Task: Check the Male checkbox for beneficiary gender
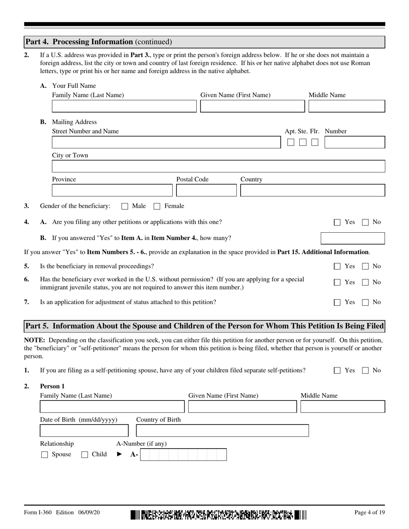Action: [x=125, y=206]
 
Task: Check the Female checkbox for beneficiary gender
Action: [x=157, y=206]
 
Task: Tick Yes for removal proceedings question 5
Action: [x=338, y=266]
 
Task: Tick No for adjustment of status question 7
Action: [x=366, y=302]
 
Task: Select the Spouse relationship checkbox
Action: [x=44, y=455]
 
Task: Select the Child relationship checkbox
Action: [x=85, y=455]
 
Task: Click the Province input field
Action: [x=112, y=191]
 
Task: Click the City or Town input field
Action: [x=218, y=166]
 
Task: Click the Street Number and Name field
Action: [x=166, y=142]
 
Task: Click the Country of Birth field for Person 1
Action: [x=222, y=431]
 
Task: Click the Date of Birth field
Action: [x=84, y=431]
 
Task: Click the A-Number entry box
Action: [x=183, y=455]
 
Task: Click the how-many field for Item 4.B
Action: [x=353, y=238]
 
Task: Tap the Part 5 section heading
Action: [x=204, y=326]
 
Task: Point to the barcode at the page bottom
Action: [x=218, y=514]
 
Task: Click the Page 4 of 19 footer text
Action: [x=369, y=512]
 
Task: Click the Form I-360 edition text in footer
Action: [x=62, y=512]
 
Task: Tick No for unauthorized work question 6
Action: [x=366, y=283]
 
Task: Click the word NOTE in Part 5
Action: [x=32, y=340]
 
